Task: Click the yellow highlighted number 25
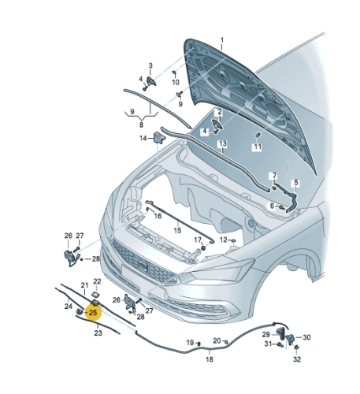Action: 93,313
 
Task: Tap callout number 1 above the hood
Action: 222,40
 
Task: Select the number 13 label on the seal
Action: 222,143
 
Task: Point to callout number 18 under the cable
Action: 210,359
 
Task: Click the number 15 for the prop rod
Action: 177,230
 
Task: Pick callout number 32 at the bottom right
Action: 297,359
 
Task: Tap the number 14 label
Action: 143,138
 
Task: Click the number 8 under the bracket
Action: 141,125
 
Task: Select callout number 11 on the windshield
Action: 258,147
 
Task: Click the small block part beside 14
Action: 158,138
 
